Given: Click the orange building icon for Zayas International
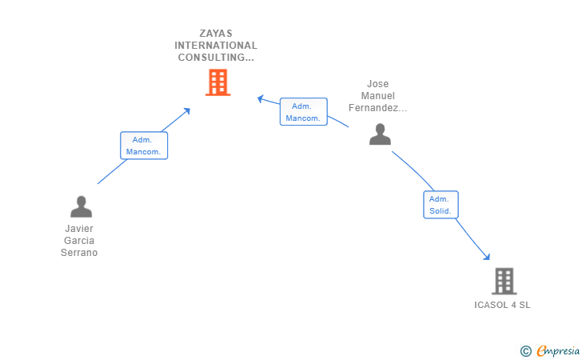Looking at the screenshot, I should pyautogui.click(x=217, y=82).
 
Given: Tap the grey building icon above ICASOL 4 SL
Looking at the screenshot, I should pyautogui.click(x=503, y=281).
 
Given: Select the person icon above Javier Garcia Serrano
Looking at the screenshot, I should pyautogui.click(x=81, y=206).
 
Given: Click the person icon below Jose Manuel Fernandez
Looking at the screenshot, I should pyautogui.click(x=380, y=134).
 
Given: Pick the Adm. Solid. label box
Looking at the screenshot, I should pyautogui.click(x=440, y=205).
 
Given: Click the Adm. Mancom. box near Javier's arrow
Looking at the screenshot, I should pyautogui.click(x=144, y=146).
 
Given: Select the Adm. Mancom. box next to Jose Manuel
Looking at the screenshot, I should pyautogui.click(x=303, y=112).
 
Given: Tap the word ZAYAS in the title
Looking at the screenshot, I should pyautogui.click(x=217, y=34).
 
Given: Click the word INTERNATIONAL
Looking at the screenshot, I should pyautogui.click(x=217, y=46).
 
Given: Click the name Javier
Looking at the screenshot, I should pyautogui.click(x=80, y=228).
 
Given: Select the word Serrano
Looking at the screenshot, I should pyautogui.click(x=80, y=252).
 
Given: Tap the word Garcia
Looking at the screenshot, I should pyautogui.click(x=80, y=240).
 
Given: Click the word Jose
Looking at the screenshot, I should pyautogui.click(x=377, y=83).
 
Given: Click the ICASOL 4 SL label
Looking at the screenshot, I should pyautogui.click(x=502, y=305).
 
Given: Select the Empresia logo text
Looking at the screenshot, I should pyautogui.click(x=559, y=350).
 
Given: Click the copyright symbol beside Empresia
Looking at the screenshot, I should pyautogui.click(x=525, y=350).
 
